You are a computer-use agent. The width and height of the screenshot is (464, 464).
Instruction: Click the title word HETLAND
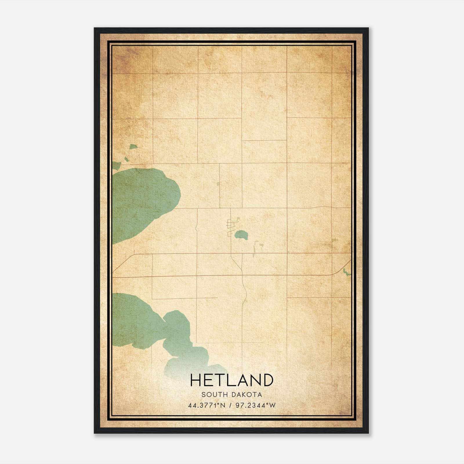(232, 380)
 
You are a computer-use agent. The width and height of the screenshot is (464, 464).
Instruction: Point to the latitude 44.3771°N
(206, 405)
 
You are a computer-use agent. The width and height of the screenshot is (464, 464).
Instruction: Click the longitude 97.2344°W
(255, 405)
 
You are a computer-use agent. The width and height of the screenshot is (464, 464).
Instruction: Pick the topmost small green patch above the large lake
(133, 147)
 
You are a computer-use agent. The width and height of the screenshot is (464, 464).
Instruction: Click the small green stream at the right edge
(346, 272)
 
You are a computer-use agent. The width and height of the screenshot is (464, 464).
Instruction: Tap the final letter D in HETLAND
(267, 380)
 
